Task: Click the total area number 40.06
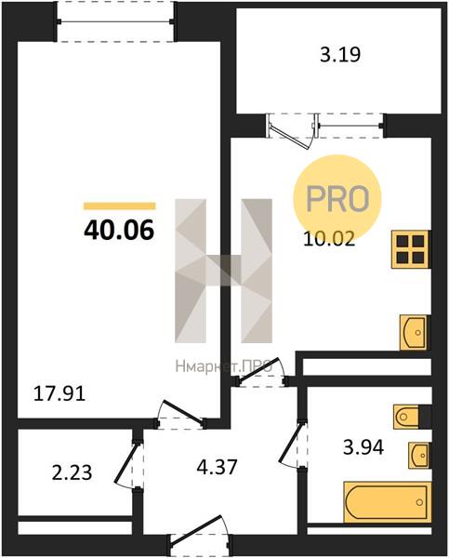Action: tap(119, 230)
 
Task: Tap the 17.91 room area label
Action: tap(59, 394)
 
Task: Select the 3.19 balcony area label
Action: tap(340, 55)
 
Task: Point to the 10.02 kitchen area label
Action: tap(329, 239)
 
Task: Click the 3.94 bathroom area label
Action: tap(363, 447)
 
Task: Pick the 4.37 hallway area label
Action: tap(217, 467)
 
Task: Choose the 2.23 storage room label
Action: tap(72, 473)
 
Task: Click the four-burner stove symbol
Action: tap(410, 249)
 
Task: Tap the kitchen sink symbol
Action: tap(414, 332)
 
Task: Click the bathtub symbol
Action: tap(387, 502)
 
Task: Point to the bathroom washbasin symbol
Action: tap(419, 455)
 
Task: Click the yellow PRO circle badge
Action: tap(337, 198)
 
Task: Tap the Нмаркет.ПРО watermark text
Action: tap(224, 366)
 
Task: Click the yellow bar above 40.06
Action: tap(120, 206)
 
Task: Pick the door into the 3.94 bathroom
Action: tap(293, 444)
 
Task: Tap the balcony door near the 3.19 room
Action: tap(292, 131)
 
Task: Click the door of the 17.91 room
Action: tap(181, 414)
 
